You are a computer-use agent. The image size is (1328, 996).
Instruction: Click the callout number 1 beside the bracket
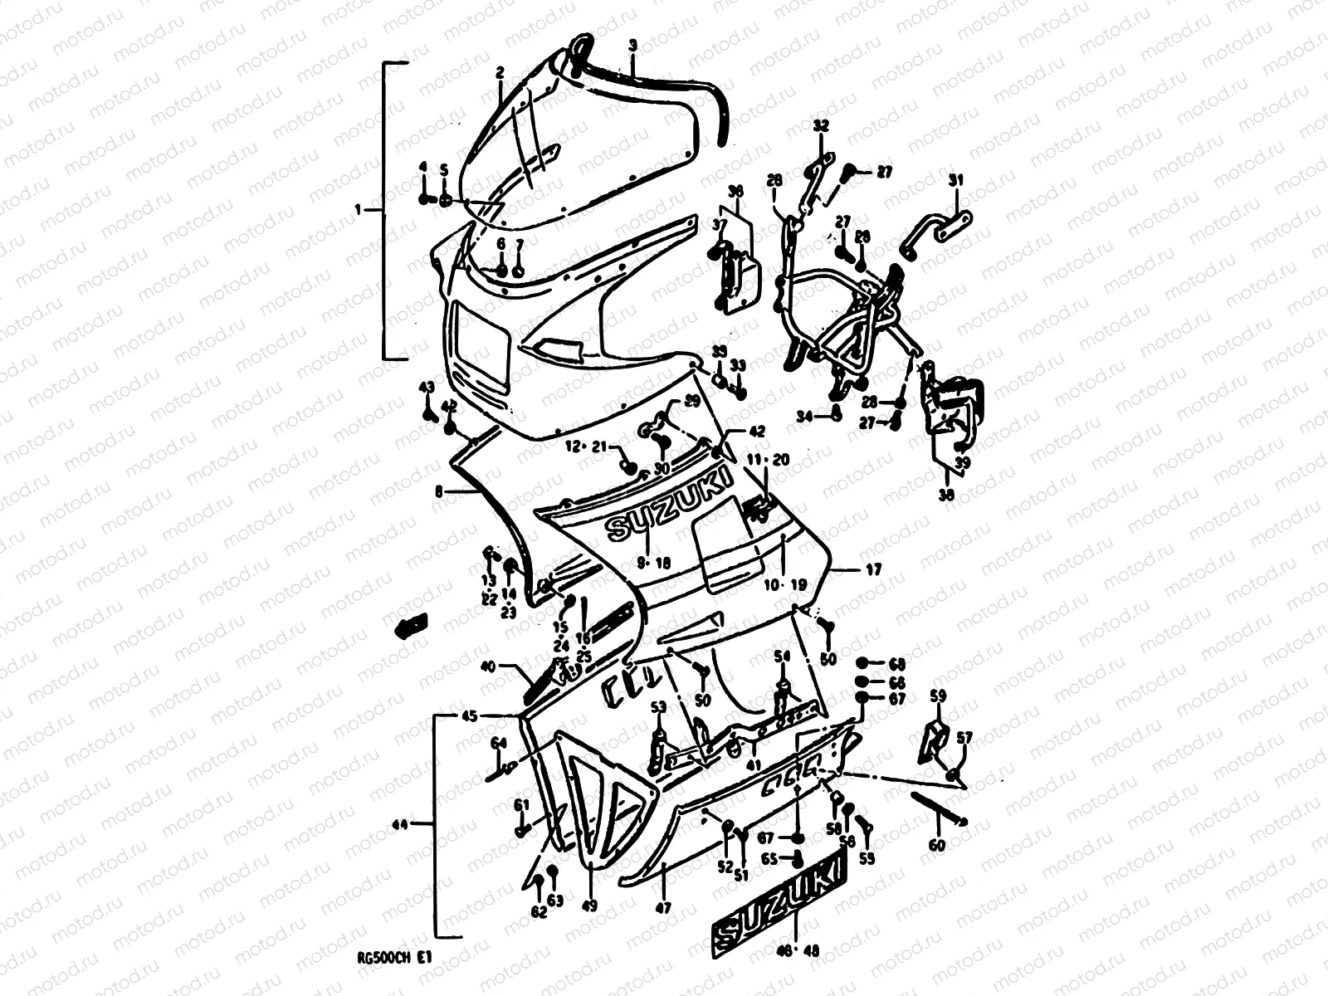click(x=358, y=211)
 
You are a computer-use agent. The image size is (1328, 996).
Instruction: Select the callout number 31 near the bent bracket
click(x=956, y=180)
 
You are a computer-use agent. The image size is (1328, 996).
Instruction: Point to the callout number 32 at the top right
click(x=820, y=126)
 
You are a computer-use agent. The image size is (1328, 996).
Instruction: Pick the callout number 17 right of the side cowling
click(x=873, y=570)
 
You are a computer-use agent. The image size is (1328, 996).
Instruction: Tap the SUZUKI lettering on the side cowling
click(x=668, y=506)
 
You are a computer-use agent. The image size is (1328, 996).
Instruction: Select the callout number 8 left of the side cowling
click(x=438, y=491)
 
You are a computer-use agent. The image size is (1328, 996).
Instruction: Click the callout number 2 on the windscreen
click(x=500, y=73)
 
